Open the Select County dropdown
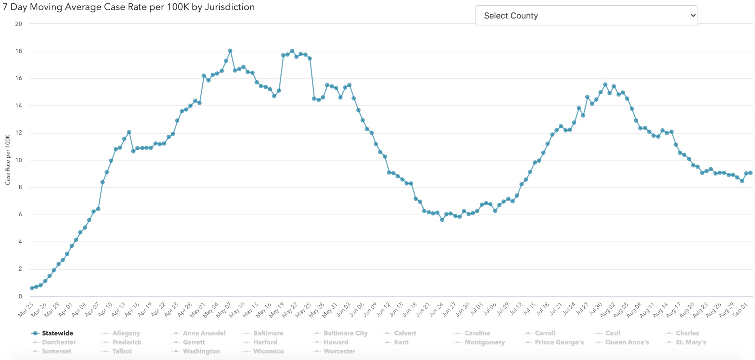[x=586, y=15]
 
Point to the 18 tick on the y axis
[x=18, y=51]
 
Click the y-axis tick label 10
[x=18, y=160]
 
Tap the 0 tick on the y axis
[x=20, y=296]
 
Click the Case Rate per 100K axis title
[x=8, y=160]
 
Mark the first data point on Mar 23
[x=32, y=288]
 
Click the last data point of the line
[x=750, y=173]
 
